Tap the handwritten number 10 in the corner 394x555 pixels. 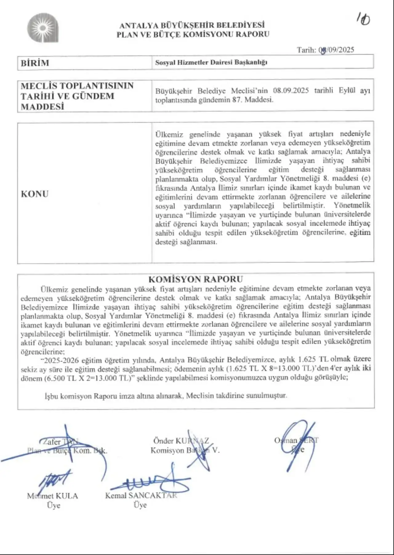coord(364,19)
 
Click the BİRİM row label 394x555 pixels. coord(35,63)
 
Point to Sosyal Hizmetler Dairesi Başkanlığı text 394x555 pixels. coord(211,62)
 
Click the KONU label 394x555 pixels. coord(35,194)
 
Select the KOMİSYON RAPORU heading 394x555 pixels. coord(196,279)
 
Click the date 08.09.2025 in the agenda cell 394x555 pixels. coord(291,91)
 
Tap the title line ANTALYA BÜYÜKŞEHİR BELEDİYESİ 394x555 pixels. coord(192,25)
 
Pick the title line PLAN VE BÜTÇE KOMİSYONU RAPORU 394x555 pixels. coord(193,34)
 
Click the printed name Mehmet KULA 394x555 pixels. coord(53,496)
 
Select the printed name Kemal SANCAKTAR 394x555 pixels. coord(141,495)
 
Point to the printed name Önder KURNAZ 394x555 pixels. coord(181,441)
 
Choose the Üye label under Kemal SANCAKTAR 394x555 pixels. coord(140,505)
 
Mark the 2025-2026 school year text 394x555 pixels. coord(62,360)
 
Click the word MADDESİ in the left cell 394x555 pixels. coord(42,107)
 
